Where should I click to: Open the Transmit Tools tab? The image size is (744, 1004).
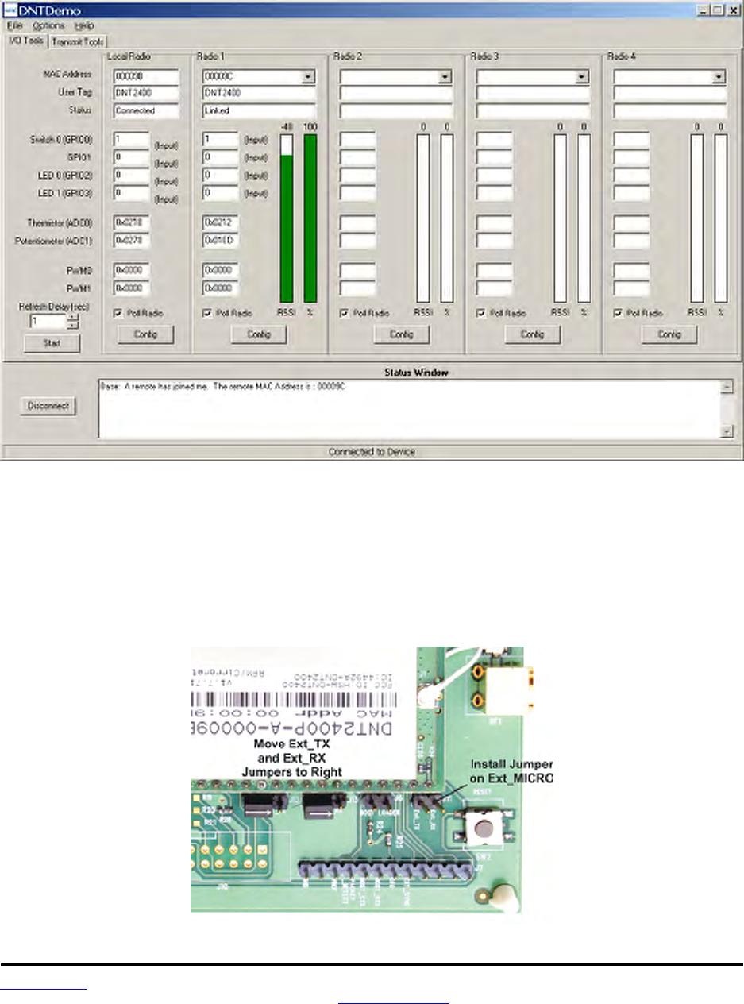(79, 41)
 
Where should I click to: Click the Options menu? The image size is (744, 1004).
(49, 25)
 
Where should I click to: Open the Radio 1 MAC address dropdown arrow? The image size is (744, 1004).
(308, 78)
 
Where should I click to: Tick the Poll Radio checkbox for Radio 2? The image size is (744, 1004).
(345, 313)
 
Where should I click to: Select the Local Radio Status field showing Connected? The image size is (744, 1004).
(147, 110)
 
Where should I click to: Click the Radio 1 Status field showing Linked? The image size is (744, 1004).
(259, 110)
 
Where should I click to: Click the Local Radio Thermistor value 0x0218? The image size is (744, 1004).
(131, 221)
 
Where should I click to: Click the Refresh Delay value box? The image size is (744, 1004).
(47, 322)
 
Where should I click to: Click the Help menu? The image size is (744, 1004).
(83, 25)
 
